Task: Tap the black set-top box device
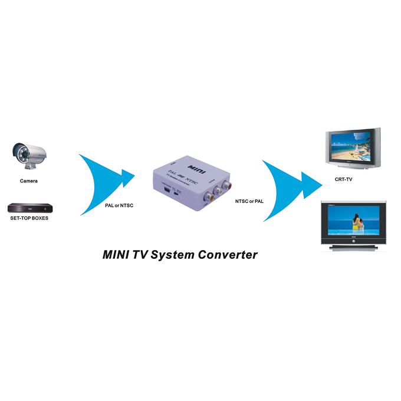29,208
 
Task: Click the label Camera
28,181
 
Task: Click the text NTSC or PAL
249,202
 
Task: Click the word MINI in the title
117,255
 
